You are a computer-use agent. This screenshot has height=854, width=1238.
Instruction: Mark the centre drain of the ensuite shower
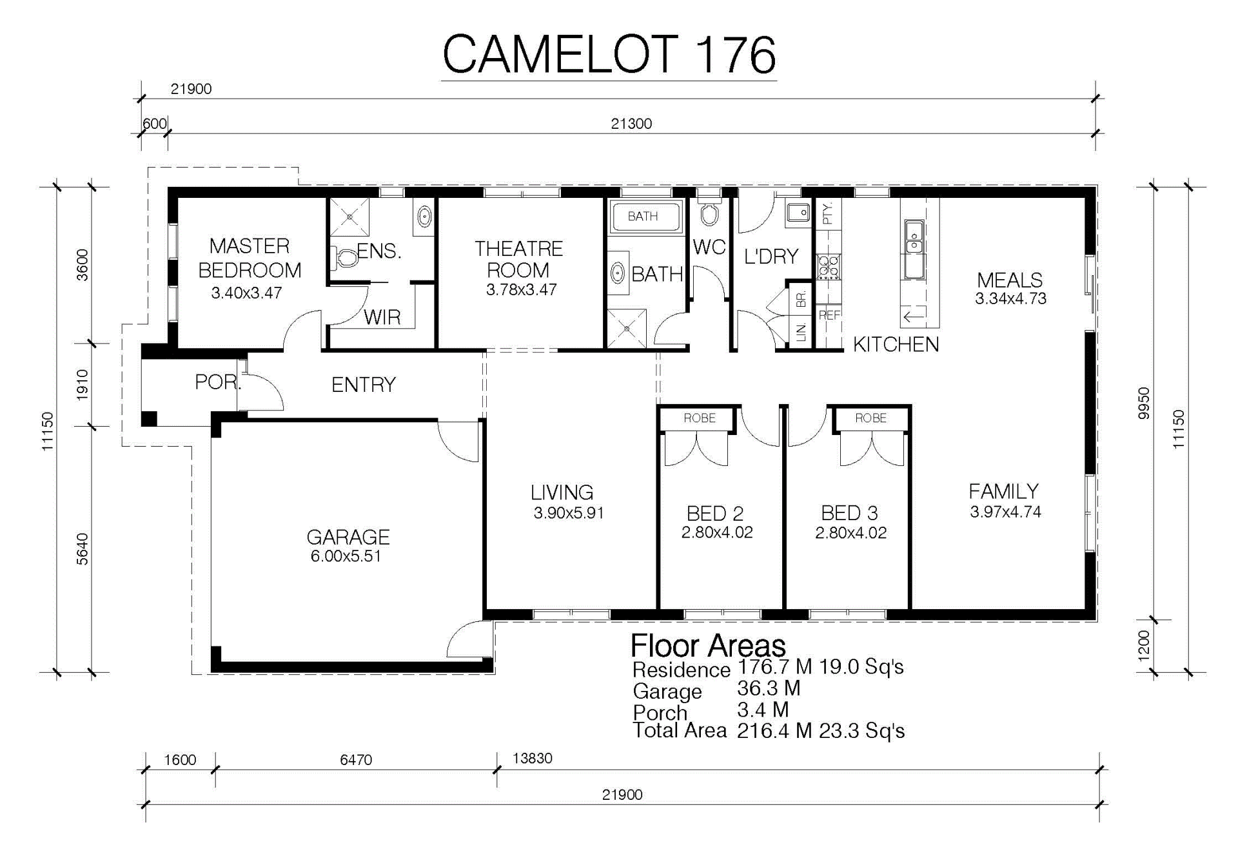click(349, 217)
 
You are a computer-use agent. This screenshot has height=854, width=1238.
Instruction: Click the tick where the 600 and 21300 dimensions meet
click(168, 133)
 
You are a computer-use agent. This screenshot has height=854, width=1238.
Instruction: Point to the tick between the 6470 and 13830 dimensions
click(496, 769)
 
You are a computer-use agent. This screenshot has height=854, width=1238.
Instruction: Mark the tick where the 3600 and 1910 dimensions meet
click(92, 344)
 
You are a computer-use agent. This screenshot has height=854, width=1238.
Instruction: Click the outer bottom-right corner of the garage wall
click(493, 674)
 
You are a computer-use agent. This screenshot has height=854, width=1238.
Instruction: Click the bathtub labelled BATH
click(644, 217)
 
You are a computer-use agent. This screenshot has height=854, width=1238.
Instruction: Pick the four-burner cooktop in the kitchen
click(829, 267)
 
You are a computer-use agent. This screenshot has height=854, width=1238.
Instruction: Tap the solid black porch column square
click(149, 418)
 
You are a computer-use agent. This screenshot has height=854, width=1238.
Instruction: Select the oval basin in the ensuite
click(424, 217)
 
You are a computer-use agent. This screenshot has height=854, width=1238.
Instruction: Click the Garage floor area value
click(769, 688)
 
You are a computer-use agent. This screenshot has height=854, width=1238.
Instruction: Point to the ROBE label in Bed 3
click(871, 418)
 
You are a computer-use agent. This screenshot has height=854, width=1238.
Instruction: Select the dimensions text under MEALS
click(1010, 298)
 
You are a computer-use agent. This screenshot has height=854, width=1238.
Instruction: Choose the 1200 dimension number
click(1144, 645)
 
